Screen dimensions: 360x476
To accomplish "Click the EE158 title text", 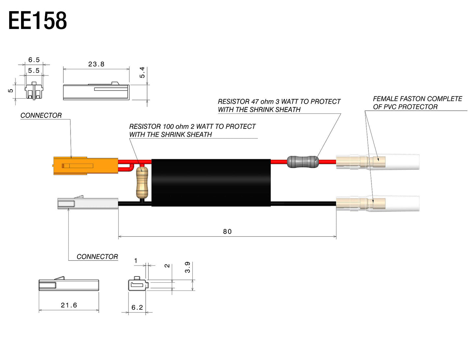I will [x=38, y=21].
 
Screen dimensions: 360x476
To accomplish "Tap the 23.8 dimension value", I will [x=96, y=64].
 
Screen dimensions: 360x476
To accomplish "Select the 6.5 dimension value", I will [x=34, y=60].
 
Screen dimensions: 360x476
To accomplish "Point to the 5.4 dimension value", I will [x=142, y=72].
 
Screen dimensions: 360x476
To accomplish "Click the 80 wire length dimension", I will [x=227, y=232].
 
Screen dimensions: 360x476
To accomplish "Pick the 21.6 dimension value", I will [x=69, y=305].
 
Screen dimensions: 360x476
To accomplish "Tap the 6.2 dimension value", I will [x=137, y=307].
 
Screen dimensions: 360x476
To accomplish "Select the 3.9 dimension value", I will [x=187, y=267].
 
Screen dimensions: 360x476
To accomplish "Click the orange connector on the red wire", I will [x=86, y=166].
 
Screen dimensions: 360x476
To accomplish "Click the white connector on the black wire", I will [x=88, y=203].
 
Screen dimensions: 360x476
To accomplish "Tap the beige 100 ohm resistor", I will [x=142, y=182].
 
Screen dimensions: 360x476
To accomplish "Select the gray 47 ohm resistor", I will [x=303, y=162].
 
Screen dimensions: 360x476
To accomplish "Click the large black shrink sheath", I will [x=211, y=183].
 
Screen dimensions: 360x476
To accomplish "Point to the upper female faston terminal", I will [x=377, y=162].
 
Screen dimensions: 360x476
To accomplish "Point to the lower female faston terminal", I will [x=377, y=204].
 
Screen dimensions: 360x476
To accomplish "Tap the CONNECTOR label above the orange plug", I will [x=41, y=116].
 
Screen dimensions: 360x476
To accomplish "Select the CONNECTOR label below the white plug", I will [x=97, y=257].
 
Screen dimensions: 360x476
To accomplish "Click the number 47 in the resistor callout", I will [x=255, y=102].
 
